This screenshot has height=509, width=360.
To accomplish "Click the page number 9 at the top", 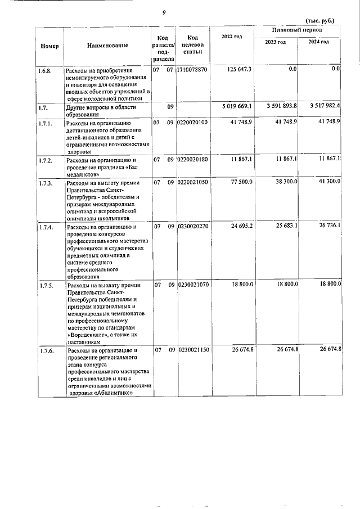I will coord(164,12).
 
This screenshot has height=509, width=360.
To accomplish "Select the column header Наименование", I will coord(107,45).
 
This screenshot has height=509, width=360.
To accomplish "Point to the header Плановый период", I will coord(297,29).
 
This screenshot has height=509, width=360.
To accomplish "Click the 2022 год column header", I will coord(232,37).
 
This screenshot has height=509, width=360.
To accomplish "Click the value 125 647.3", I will coord(240,69).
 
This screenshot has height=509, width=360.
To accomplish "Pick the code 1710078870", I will coord(192,70).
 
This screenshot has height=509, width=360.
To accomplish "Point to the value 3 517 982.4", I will coord(319,106).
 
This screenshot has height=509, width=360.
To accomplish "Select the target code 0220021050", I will coord(192,183).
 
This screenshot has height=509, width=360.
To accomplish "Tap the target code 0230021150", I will coord(192,350).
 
